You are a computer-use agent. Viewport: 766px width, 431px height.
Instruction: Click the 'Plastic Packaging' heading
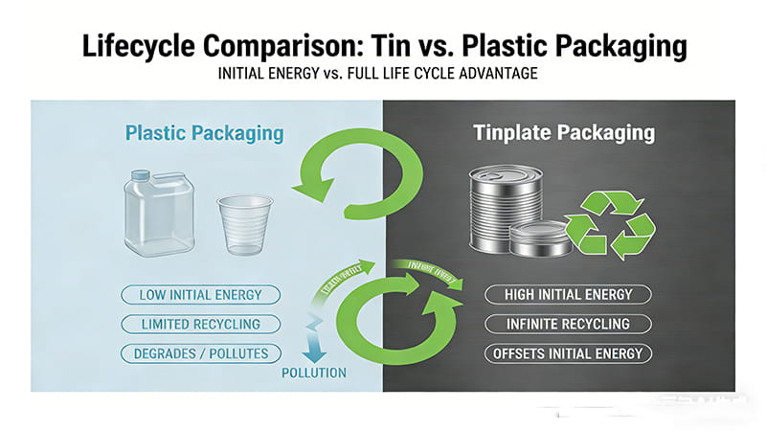click(x=204, y=133)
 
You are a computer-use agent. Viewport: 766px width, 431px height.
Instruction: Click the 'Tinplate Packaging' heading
click(x=564, y=133)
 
